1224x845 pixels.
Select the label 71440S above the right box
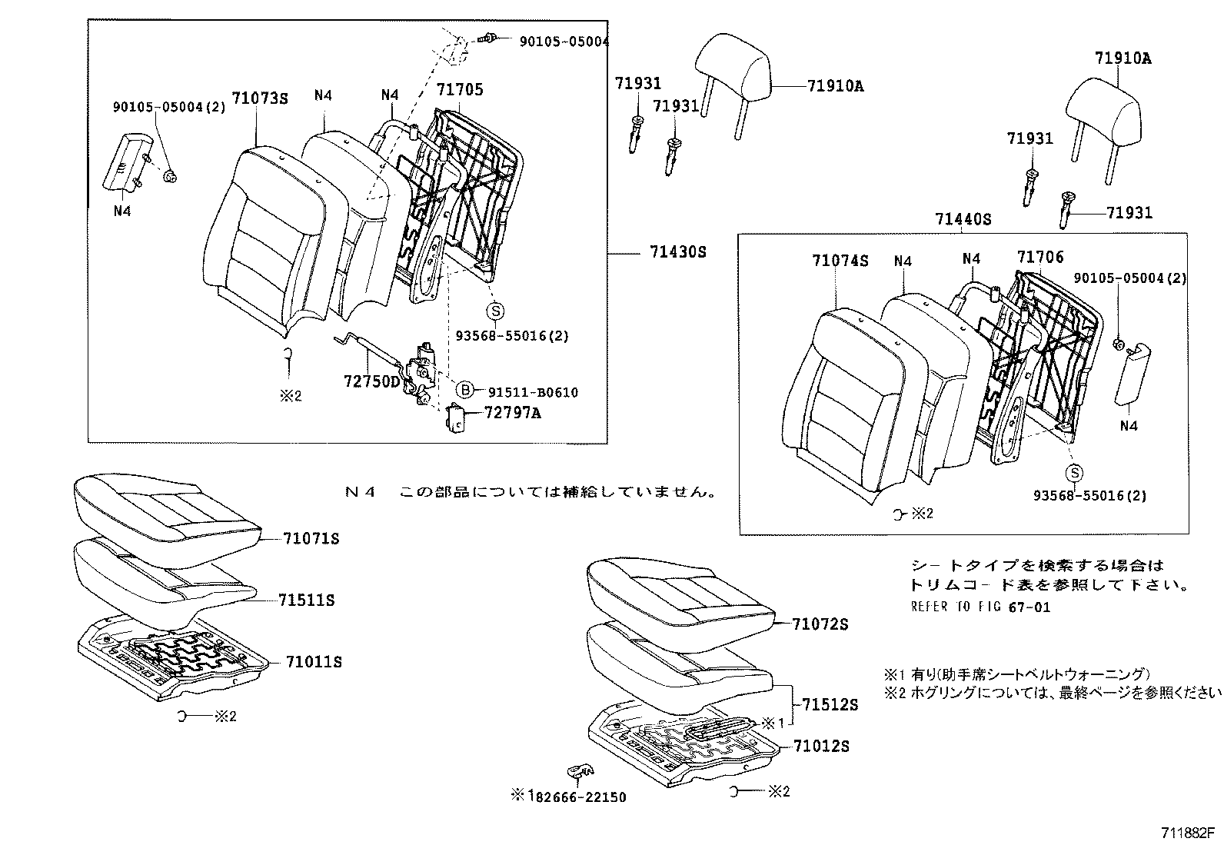click(x=963, y=219)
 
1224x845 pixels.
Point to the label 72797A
click(x=513, y=413)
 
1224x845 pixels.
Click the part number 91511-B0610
click(x=531, y=392)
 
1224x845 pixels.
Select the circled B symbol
click(x=465, y=389)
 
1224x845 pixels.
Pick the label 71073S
click(x=260, y=98)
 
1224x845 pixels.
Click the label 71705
click(x=460, y=90)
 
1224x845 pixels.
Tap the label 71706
click(x=1040, y=258)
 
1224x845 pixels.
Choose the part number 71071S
click(x=311, y=539)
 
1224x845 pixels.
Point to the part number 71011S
click(x=314, y=662)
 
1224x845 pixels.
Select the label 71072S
click(x=820, y=624)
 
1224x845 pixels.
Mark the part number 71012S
click(x=821, y=746)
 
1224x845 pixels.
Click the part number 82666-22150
click(x=578, y=797)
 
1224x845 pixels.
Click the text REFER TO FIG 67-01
click(x=980, y=607)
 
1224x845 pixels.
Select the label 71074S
click(x=840, y=261)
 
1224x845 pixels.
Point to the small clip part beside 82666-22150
click(x=580, y=771)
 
